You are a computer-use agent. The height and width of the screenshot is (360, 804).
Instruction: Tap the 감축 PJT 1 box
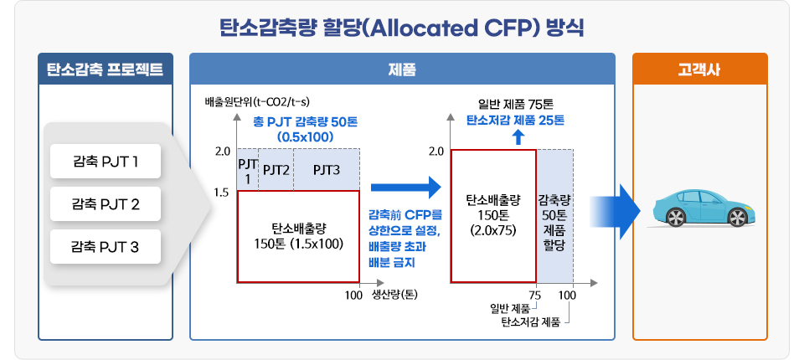tap(105, 162)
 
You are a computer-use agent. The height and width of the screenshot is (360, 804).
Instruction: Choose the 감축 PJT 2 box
tap(105, 203)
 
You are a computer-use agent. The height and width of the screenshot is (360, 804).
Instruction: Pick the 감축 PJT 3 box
tap(105, 245)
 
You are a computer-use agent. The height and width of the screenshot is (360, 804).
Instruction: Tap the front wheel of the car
tap(736, 218)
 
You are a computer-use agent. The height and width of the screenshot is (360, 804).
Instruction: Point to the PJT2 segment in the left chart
tap(276, 170)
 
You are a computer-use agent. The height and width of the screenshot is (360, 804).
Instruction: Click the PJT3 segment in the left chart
tap(327, 170)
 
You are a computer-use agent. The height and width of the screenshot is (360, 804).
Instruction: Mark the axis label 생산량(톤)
tap(394, 295)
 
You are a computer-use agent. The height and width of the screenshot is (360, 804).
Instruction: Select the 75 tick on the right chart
tap(534, 295)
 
